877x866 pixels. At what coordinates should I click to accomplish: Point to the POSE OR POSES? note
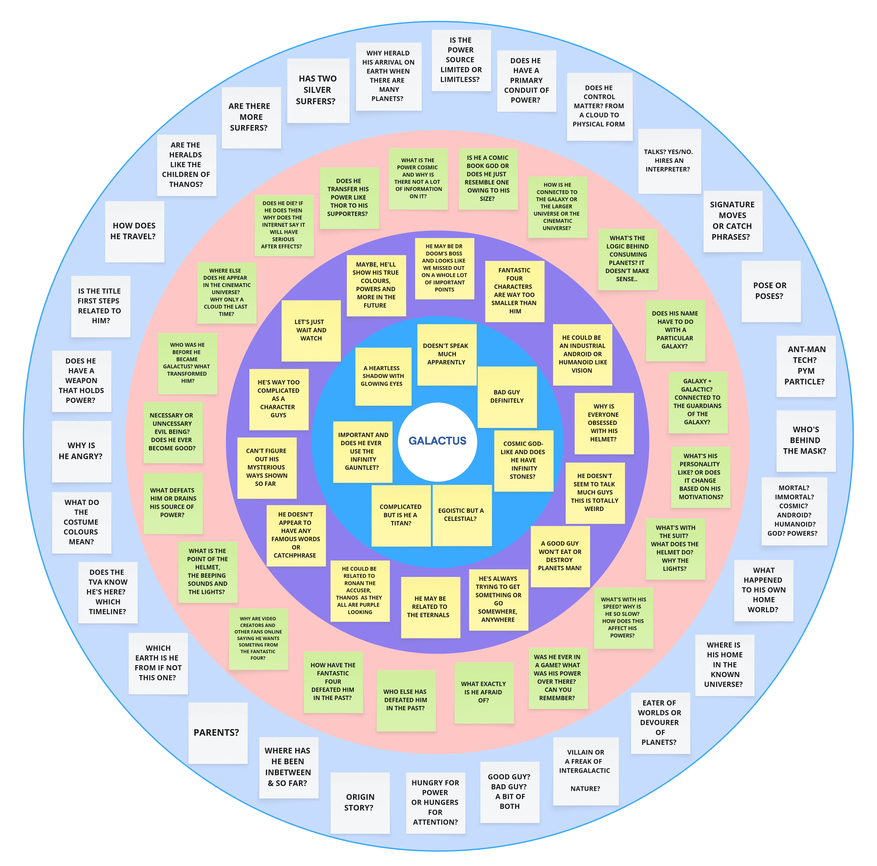[x=770, y=291]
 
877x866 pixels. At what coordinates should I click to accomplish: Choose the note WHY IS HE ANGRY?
[x=81, y=451]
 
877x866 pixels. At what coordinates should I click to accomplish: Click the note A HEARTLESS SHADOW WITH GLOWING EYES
[x=383, y=376]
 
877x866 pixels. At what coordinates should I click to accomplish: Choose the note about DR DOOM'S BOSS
[x=444, y=268]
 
